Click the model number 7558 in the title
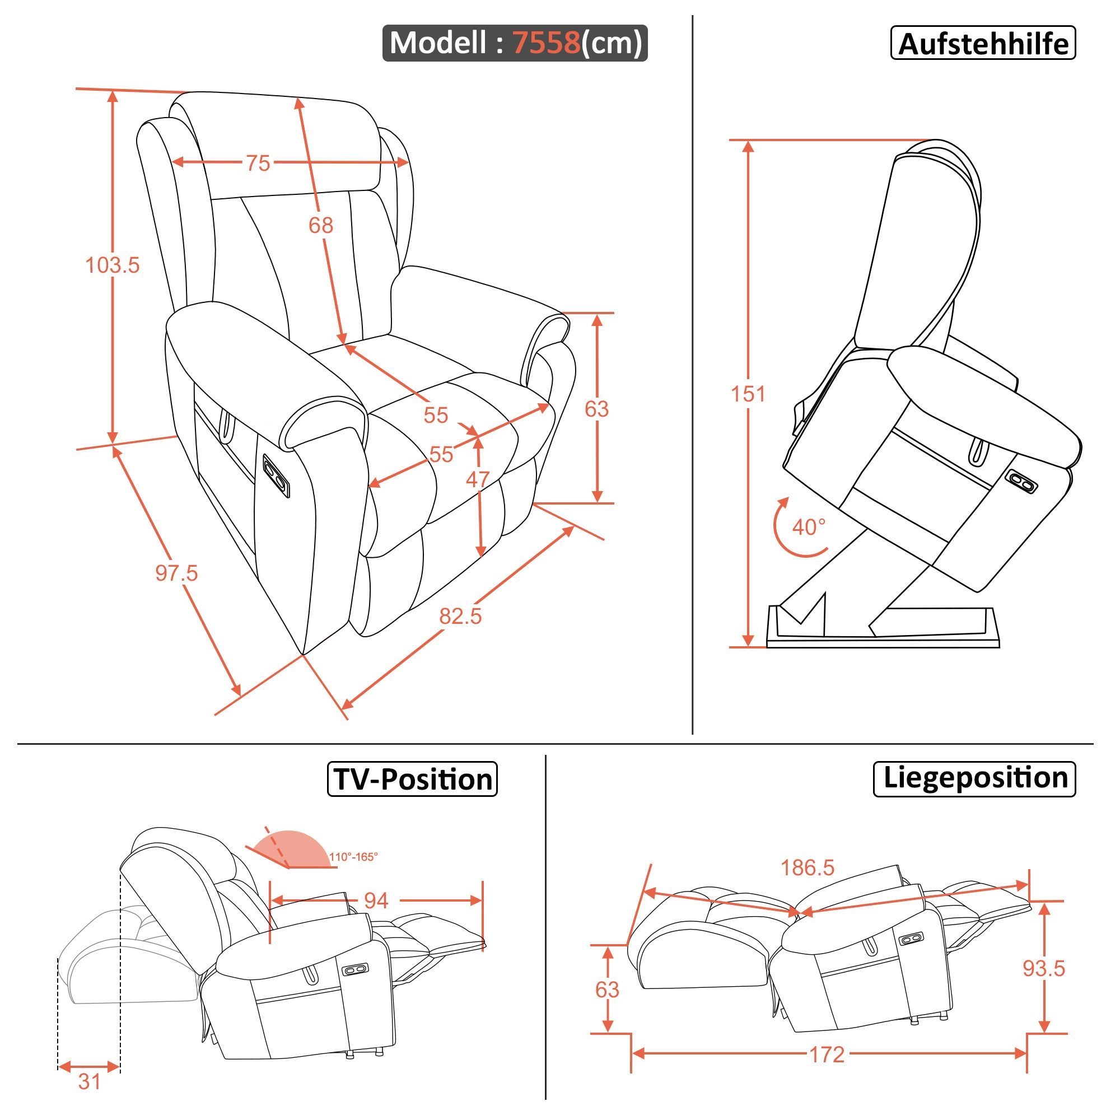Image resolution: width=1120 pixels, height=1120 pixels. click(x=547, y=43)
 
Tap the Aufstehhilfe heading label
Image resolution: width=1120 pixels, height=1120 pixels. click(x=983, y=44)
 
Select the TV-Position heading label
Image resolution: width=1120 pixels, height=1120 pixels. click(x=413, y=779)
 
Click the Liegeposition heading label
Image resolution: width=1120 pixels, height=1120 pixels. click(x=975, y=778)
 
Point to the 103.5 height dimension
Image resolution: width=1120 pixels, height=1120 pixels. click(x=113, y=265)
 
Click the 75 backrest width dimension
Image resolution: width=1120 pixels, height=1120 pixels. click(x=258, y=164)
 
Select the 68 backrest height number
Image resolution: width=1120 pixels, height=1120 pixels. click(x=320, y=225)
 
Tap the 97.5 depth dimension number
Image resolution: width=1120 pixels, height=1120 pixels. click(x=176, y=573)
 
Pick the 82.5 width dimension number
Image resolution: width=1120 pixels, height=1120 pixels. click(x=460, y=616)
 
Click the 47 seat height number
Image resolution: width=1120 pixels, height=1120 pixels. click(x=478, y=479)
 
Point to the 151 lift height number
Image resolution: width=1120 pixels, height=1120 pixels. click(x=748, y=394)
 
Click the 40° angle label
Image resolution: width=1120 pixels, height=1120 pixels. click(x=809, y=527)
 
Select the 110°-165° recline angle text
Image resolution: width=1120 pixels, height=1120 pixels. click(x=353, y=857)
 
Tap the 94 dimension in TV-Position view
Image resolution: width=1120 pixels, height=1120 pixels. click(x=376, y=900)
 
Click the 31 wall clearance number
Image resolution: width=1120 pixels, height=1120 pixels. click(x=89, y=1082)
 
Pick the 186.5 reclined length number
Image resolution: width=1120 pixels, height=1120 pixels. click(x=808, y=868)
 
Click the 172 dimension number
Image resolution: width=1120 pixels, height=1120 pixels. click(x=827, y=1054)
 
